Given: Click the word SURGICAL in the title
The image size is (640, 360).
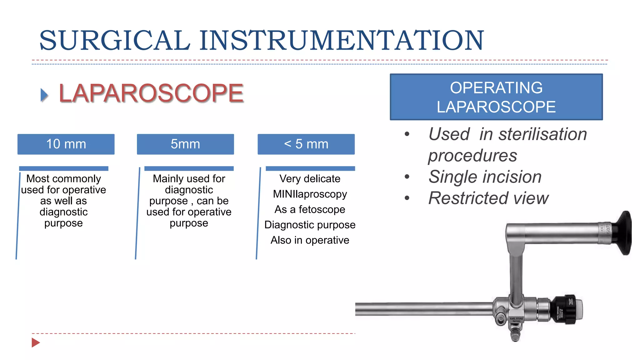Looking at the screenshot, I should [x=114, y=40].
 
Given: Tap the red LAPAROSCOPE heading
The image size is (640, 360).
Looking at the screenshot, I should [x=151, y=93].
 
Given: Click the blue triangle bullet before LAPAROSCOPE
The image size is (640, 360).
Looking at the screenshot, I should [x=44, y=95].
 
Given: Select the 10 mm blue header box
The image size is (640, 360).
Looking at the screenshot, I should [x=66, y=144].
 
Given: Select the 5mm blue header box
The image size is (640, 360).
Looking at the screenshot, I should [x=185, y=144].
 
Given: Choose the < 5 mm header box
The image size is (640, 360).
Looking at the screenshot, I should [x=306, y=144].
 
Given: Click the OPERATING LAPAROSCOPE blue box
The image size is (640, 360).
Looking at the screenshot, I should [x=496, y=97].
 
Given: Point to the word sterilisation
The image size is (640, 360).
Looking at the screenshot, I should [x=542, y=134].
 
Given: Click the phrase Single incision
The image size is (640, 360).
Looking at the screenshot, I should [x=485, y=177].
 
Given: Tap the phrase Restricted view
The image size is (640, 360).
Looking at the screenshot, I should [x=488, y=198].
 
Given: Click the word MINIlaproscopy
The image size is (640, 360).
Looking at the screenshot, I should [x=310, y=194].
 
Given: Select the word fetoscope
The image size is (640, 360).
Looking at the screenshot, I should [x=322, y=209].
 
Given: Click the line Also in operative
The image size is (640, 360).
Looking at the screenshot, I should [x=310, y=240].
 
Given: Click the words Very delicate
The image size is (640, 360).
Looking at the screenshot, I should [x=310, y=179].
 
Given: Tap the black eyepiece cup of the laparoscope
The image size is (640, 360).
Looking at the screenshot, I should [x=622, y=233].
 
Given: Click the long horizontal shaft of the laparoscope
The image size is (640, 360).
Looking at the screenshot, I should [x=422, y=309].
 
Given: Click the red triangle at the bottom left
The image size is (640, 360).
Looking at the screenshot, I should [x=35, y=342].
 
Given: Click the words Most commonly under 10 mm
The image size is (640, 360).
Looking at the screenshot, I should [x=63, y=179].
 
